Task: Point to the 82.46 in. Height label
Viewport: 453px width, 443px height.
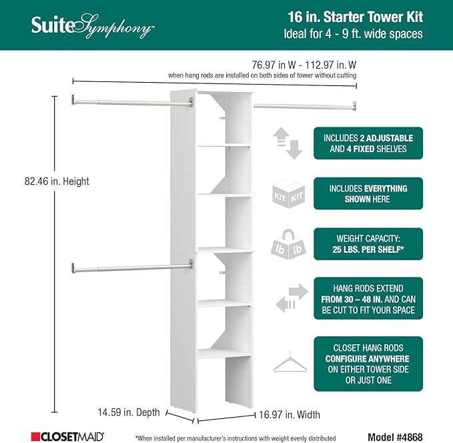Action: point(57,181)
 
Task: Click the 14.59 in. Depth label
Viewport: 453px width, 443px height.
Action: point(128,412)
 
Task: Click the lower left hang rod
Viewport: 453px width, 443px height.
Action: point(130,268)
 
